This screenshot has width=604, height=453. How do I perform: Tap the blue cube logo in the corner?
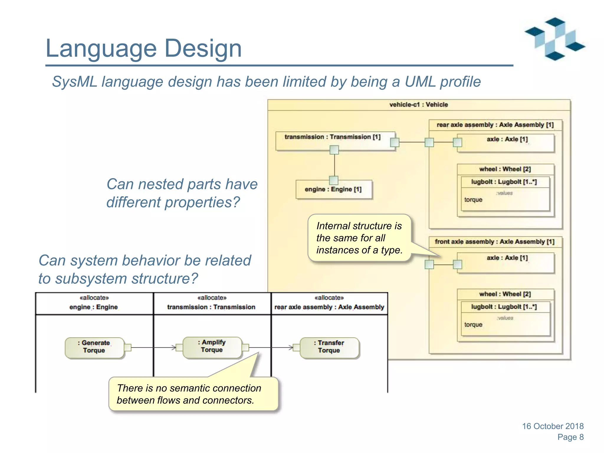click(554, 39)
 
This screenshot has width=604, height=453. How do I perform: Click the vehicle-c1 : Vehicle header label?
click(418, 105)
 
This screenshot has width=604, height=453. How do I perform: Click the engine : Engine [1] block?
click(333, 189)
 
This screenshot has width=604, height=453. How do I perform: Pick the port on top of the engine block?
click(334, 180)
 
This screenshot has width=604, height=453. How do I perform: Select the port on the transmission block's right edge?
click(394, 142)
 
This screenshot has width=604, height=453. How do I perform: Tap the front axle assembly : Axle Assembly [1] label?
click(495, 242)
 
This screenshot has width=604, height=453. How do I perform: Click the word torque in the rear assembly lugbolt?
click(473, 200)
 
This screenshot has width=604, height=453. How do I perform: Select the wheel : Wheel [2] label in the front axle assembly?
click(505, 294)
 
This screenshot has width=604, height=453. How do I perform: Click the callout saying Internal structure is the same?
click(359, 238)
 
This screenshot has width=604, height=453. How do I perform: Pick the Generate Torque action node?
click(94, 347)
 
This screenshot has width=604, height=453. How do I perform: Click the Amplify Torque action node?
click(212, 347)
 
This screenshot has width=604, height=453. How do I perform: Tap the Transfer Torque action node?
click(329, 347)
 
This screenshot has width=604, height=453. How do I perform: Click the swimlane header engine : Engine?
click(94, 307)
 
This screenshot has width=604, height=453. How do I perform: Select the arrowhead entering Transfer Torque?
click(291, 347)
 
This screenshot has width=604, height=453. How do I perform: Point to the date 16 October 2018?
click(553, 426)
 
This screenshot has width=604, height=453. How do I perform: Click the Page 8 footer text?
click(570, 437)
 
